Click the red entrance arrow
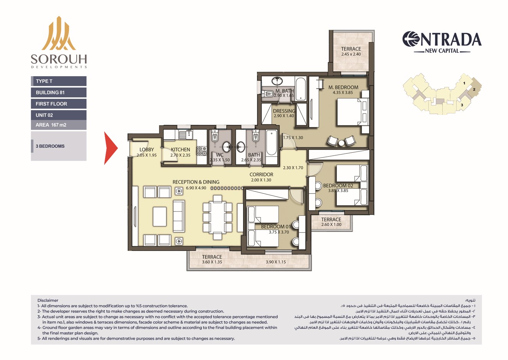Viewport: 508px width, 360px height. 111,148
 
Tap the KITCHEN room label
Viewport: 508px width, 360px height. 180,150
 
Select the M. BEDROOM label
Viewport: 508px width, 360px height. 343,87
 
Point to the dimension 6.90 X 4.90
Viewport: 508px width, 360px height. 196,188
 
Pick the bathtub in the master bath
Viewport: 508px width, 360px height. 301,89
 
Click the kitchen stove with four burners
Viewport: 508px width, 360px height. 202,151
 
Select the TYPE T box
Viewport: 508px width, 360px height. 59,81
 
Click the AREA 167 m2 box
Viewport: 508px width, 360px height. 59,125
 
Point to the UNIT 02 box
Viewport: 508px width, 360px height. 59,115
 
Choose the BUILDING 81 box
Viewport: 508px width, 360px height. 59,93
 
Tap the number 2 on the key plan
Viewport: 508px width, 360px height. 474,89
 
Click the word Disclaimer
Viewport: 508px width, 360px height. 48,300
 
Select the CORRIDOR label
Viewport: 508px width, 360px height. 261,174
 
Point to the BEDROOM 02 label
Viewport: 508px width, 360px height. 338,186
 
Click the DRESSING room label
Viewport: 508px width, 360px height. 284,111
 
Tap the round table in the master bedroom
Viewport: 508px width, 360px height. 341,143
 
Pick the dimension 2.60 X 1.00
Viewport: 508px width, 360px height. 331,225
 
